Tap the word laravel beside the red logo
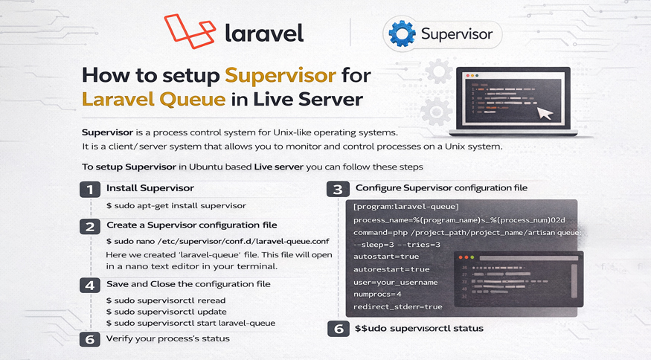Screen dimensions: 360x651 point(263,33)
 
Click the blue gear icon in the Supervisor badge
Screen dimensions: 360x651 point(403,34)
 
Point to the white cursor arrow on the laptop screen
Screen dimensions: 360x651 point(545,113)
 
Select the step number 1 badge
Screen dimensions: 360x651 point(90,189)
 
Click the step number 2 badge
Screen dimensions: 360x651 point(90,226)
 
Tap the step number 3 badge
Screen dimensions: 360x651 point(338,189)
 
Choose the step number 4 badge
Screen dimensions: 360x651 point(90,286)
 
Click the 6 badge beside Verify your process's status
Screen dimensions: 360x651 point(90,339)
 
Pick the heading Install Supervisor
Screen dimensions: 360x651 point(150,188)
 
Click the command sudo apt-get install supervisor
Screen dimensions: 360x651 point(176,205)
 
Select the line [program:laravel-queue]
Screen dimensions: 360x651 point(406,207)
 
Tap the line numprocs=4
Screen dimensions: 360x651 point(377,295)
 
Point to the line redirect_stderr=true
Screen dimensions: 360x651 point(397,306)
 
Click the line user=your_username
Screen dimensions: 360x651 point(395,282)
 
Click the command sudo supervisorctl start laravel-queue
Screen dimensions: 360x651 point(190,323)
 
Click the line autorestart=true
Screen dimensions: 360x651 point(391,269)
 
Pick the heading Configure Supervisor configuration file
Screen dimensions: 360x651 point(441,188)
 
